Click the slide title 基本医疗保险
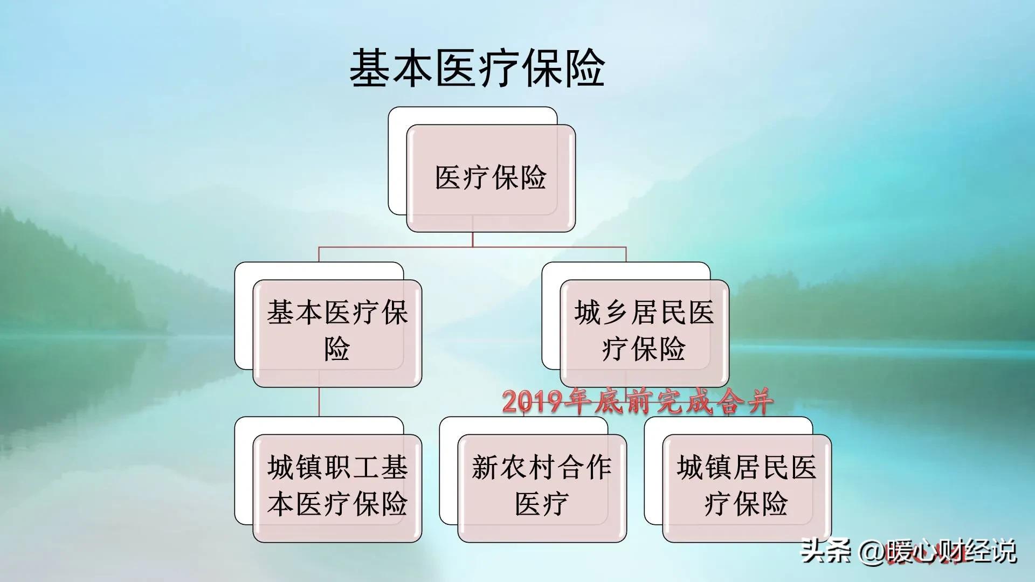[477, 68]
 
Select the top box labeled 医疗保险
[491, 178]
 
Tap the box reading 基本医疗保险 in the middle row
[337, 331]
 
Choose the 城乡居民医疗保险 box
[644, 331]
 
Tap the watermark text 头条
[825, 551]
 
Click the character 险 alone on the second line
[337, 349]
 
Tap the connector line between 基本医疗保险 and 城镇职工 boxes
[319, 402]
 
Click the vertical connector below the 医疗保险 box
[473, 239]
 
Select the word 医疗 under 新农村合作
[542, 504]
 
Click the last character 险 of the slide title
[584, 68]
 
